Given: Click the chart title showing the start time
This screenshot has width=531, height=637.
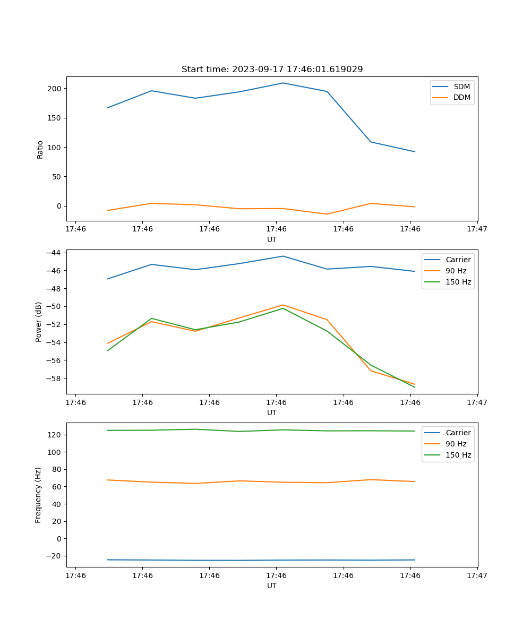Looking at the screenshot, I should click(272, 70).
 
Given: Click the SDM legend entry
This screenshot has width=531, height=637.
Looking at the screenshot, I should click(461, 87).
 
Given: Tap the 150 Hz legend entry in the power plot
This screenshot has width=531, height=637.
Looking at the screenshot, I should click(458, 282).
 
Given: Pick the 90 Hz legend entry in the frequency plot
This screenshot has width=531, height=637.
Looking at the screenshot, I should click(456, 444).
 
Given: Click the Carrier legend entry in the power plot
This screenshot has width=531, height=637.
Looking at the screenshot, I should click(458, 260).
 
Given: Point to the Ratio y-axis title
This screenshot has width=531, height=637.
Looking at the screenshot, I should click(40, 149).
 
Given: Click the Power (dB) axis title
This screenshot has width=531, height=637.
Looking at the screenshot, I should click(39, 322).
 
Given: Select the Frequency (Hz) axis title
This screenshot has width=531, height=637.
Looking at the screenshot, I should click(39, 495).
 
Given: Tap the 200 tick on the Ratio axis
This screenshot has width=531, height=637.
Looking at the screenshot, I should click(54, 88).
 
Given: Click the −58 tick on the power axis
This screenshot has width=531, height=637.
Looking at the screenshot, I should click(54, 378).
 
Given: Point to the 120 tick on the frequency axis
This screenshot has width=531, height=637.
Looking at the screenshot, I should click(54, 435).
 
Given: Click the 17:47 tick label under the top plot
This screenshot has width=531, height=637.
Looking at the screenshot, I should click(477, 229).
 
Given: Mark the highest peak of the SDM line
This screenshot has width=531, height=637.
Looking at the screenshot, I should click(283, 83).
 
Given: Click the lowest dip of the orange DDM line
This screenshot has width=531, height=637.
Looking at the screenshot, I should click(327, 214).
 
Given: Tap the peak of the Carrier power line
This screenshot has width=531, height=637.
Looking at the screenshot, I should click(283, 256).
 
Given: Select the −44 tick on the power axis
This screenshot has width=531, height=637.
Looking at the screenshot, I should click(54, 253).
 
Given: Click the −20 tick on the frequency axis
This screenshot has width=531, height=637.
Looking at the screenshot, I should click(54, 556).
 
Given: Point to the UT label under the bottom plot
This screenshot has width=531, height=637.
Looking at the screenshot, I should click(272, 586).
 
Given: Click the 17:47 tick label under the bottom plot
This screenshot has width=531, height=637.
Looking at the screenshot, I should click(477, 575).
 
